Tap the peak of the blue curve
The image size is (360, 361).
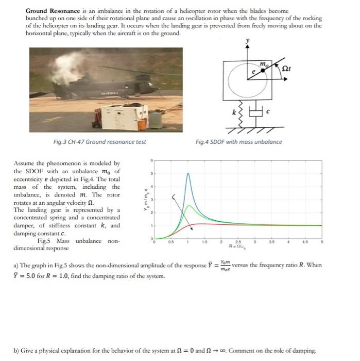(x=188, y=174)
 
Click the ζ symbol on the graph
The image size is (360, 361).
(x=174, y=196)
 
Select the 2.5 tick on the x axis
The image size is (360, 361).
(x=237, y=242)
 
